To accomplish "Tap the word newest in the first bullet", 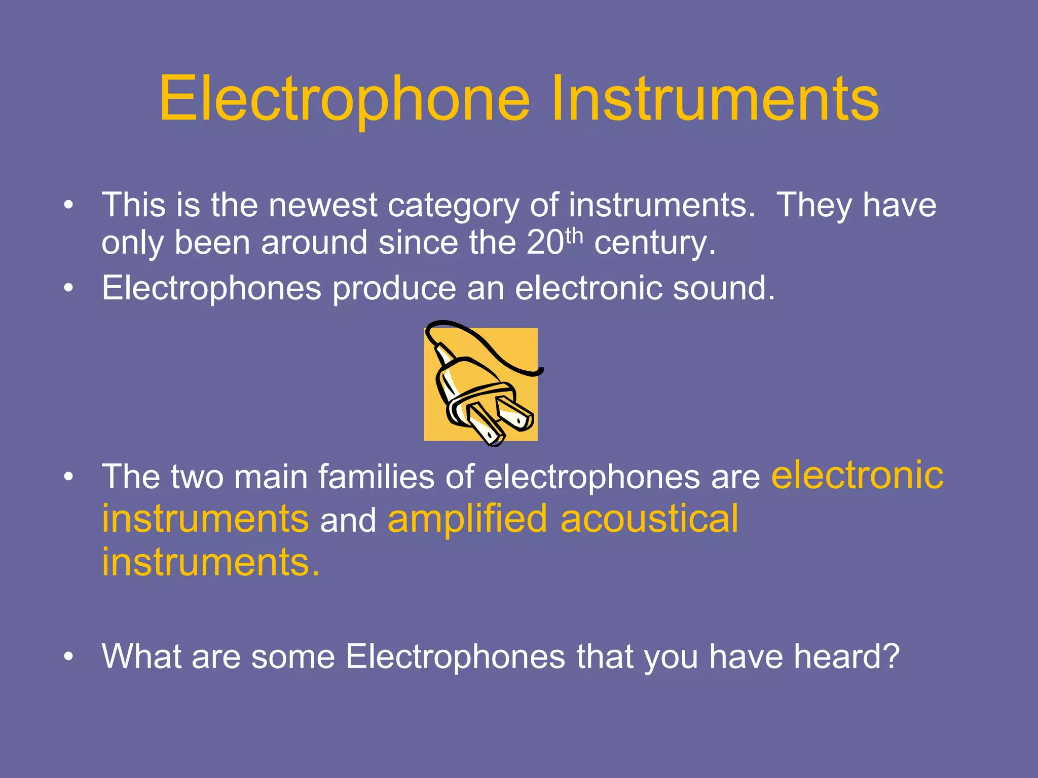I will [322, 205].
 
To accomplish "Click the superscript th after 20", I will [574, 236].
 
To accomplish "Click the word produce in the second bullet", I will [394, 289].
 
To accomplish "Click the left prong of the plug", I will [486, 423].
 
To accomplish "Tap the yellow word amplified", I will [467, 519].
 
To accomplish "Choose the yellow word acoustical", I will [649, 519].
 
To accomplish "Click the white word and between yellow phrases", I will [348, 520].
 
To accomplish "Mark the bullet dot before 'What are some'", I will [68, 657].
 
